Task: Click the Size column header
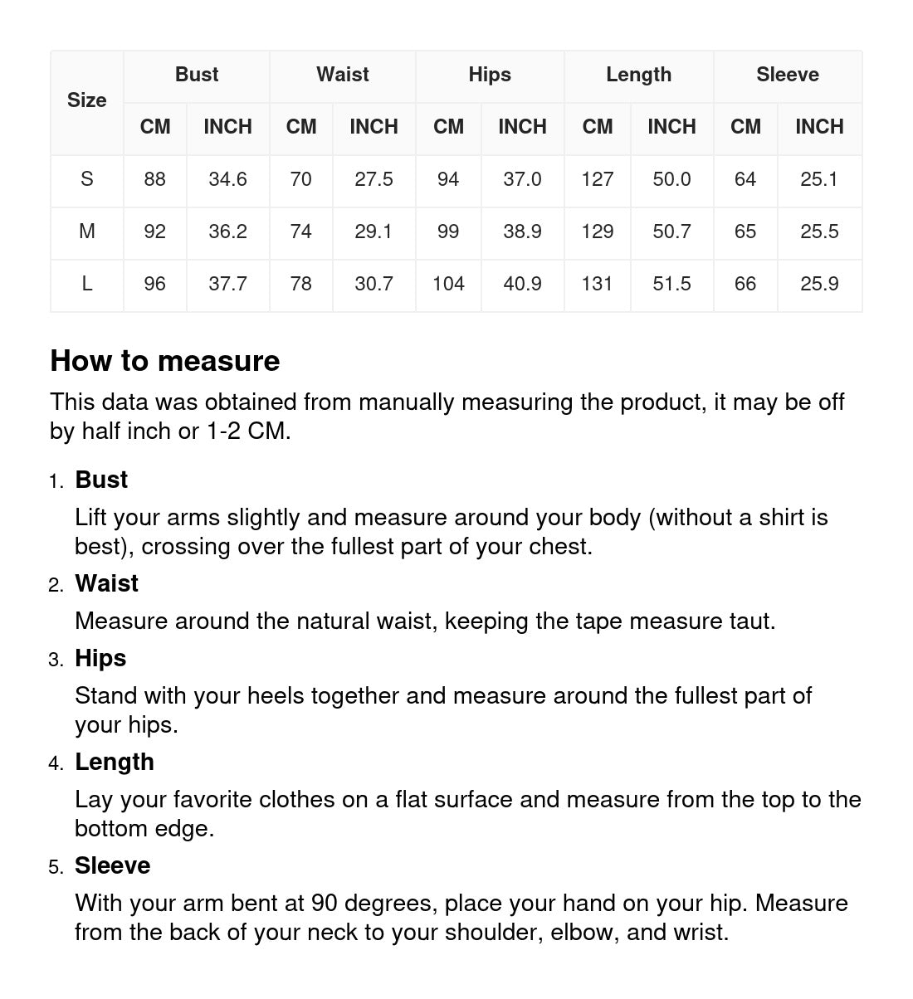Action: click(x=87, y=100)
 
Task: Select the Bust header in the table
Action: click(x=197, y=75)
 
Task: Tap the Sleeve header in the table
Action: click(x=787, y=75)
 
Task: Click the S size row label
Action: click(x=87, y=179)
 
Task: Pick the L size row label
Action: click(x=87, y=284)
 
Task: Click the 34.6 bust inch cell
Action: click(x=227, y=179)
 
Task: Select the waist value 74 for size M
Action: click(x=300, y=231)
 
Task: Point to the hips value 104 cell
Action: click(x=448, y=284)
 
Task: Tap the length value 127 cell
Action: click(x=597, y=179)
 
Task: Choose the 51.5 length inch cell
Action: click(x=671, y=284)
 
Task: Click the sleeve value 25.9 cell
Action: click(x=819, y=284)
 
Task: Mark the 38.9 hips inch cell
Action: click(x=522, y=231)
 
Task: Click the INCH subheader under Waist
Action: click(x=373, y=127)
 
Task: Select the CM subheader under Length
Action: click(x=597, y=127)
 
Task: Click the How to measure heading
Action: click(x=165, y=361)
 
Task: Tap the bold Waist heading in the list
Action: click(x=106, y=583)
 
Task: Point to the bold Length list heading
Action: click(x=115, y=762)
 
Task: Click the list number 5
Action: click(x=55, y=867)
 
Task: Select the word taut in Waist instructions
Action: click(x=749, y=621)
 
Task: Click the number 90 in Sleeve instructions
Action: click(x=324, y=903)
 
